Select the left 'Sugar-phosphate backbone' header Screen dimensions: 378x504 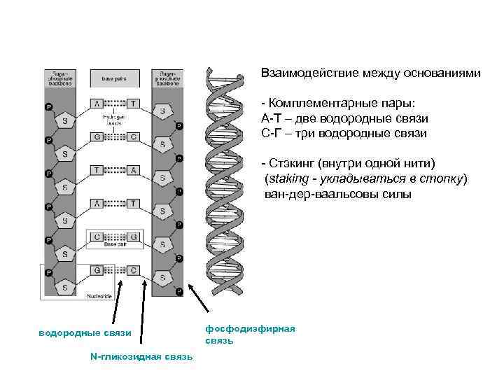[59, 77]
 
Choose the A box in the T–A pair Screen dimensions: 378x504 [133, 169]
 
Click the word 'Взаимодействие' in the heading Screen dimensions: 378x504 [306, 73]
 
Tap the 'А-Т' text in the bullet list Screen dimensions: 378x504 [270, 118]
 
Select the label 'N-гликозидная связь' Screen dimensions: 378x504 [141, 356]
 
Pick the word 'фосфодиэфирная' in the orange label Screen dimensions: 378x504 [250, 328]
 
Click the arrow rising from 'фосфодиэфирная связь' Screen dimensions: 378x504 [199, 299]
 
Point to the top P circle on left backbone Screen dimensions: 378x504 [48, 106]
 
